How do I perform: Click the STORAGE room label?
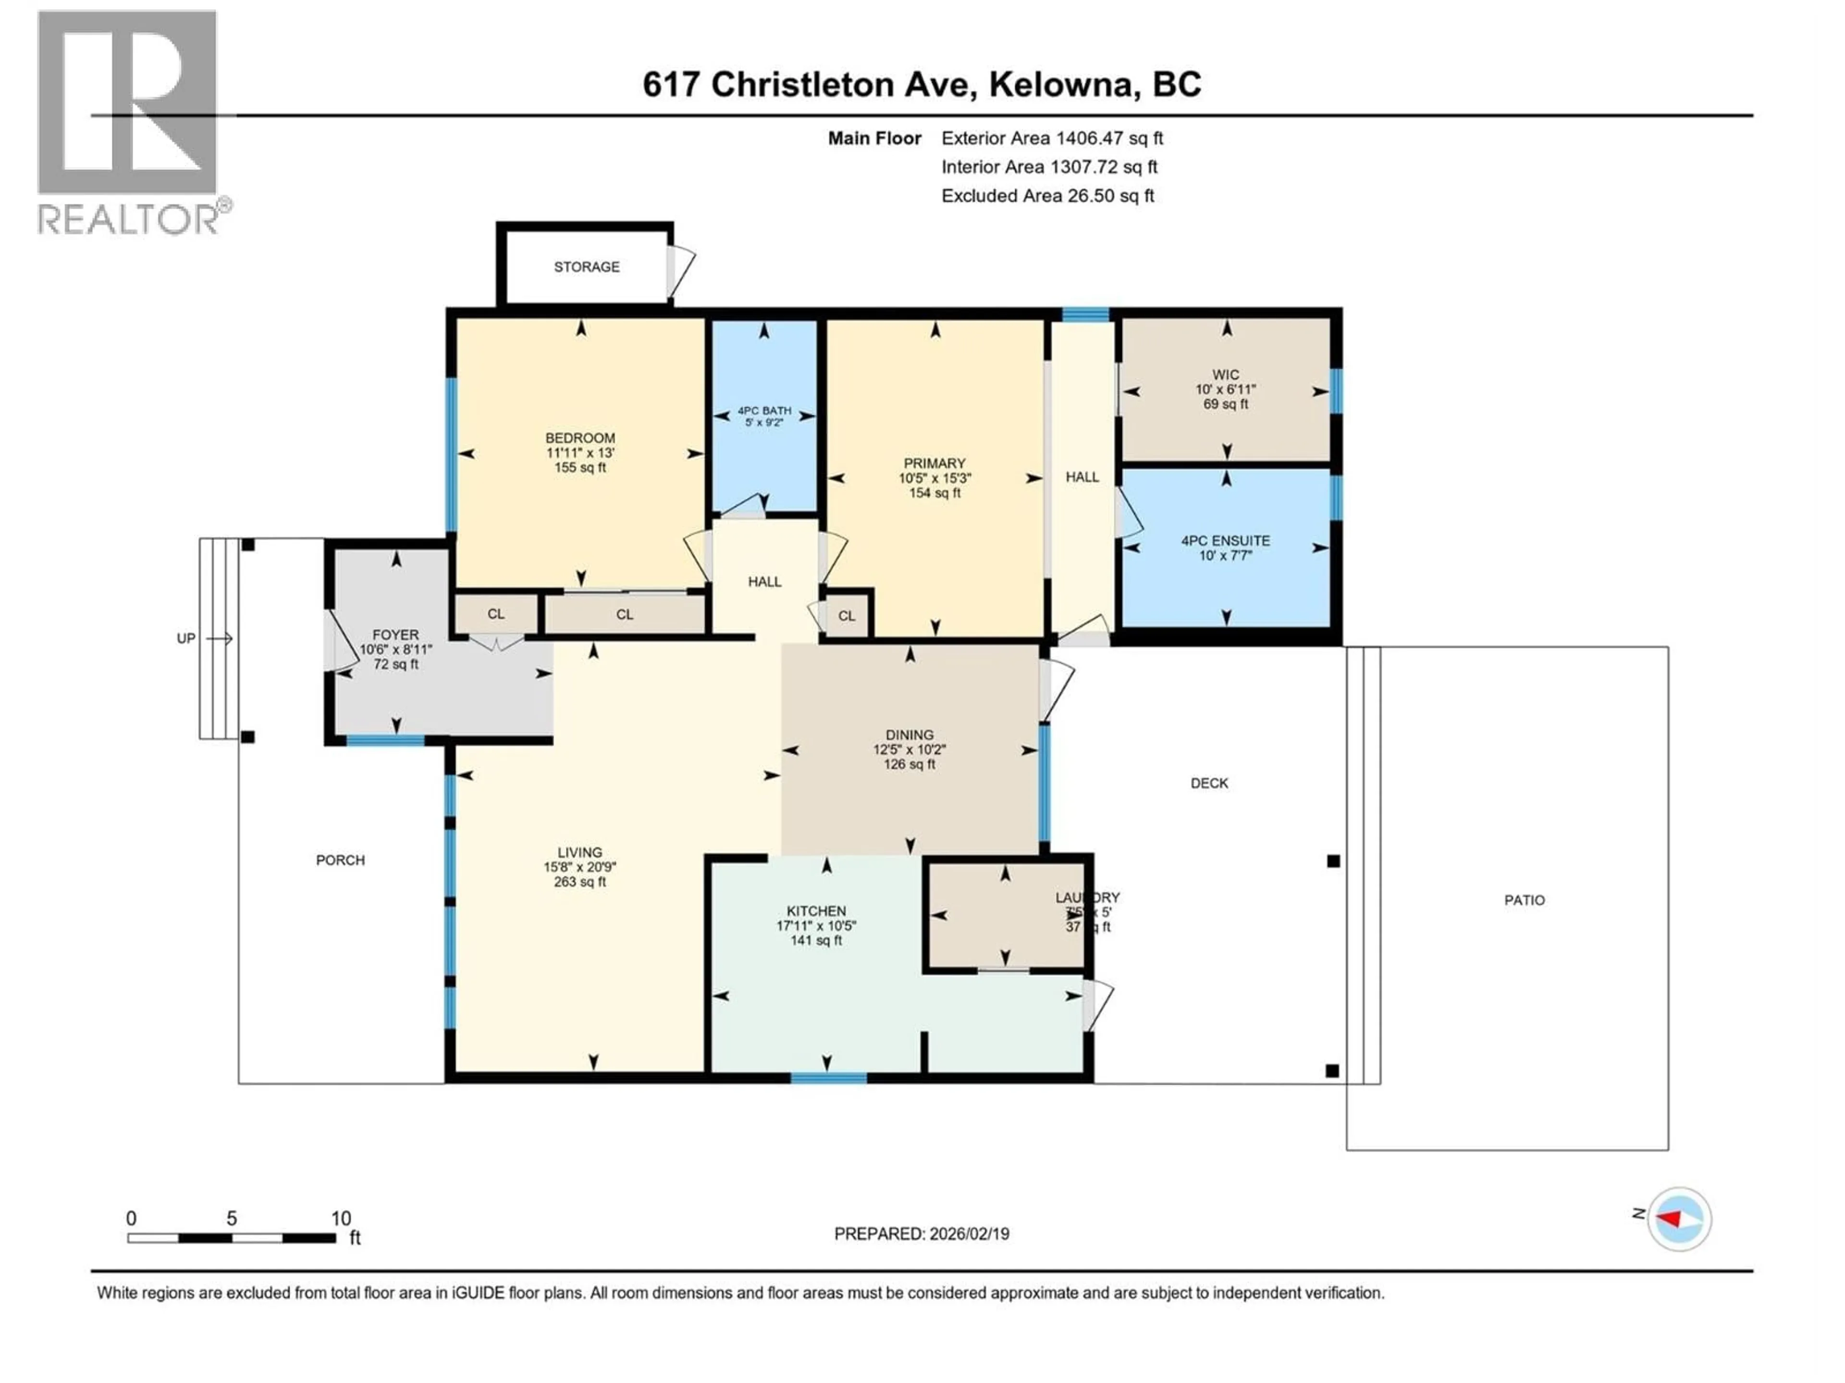click(x=586, y=267)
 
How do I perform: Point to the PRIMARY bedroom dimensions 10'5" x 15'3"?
click(x=934, y=478)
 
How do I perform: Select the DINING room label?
click(x=909, y=735)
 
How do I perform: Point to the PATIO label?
click(x=1524, y=900)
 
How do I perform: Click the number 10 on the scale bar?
click(x=340, y=1218)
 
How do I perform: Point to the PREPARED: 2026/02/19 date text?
click(x=921, y=1234)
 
